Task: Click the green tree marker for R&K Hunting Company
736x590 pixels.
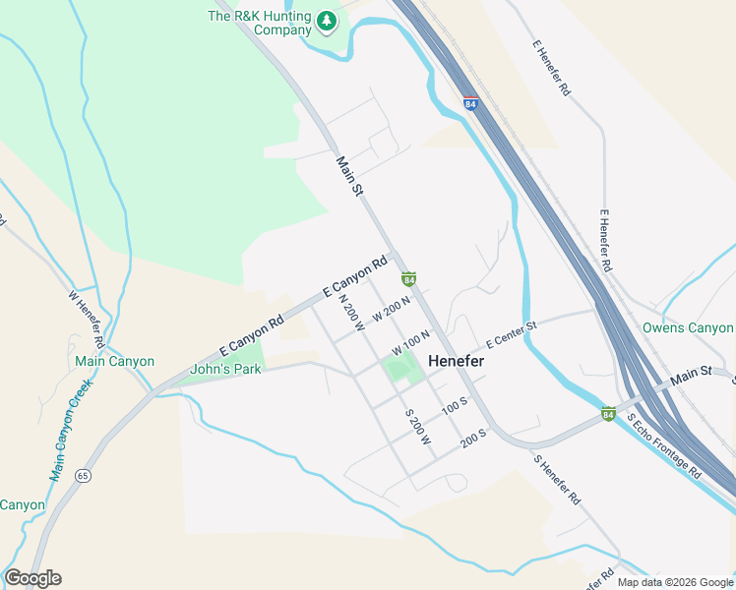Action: click(x=327, y=20)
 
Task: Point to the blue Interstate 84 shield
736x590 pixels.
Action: click(x=470, y=102)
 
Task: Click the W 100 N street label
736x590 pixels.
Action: click(x=410, y=343)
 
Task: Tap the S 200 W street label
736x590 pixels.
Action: click(x=418, y=426)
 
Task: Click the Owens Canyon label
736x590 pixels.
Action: click(x=688, y=327)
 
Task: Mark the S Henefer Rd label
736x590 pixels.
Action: click(x=557, y=480)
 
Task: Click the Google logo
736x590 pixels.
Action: click(x=32, y=578)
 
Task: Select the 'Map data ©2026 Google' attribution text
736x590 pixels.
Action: click(x=675, y=582)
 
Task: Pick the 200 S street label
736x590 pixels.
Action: click(x=474, y=437)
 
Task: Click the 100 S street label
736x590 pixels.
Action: click(x=454, y=405)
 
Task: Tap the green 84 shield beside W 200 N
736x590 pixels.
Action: click(x=408, y=280)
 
